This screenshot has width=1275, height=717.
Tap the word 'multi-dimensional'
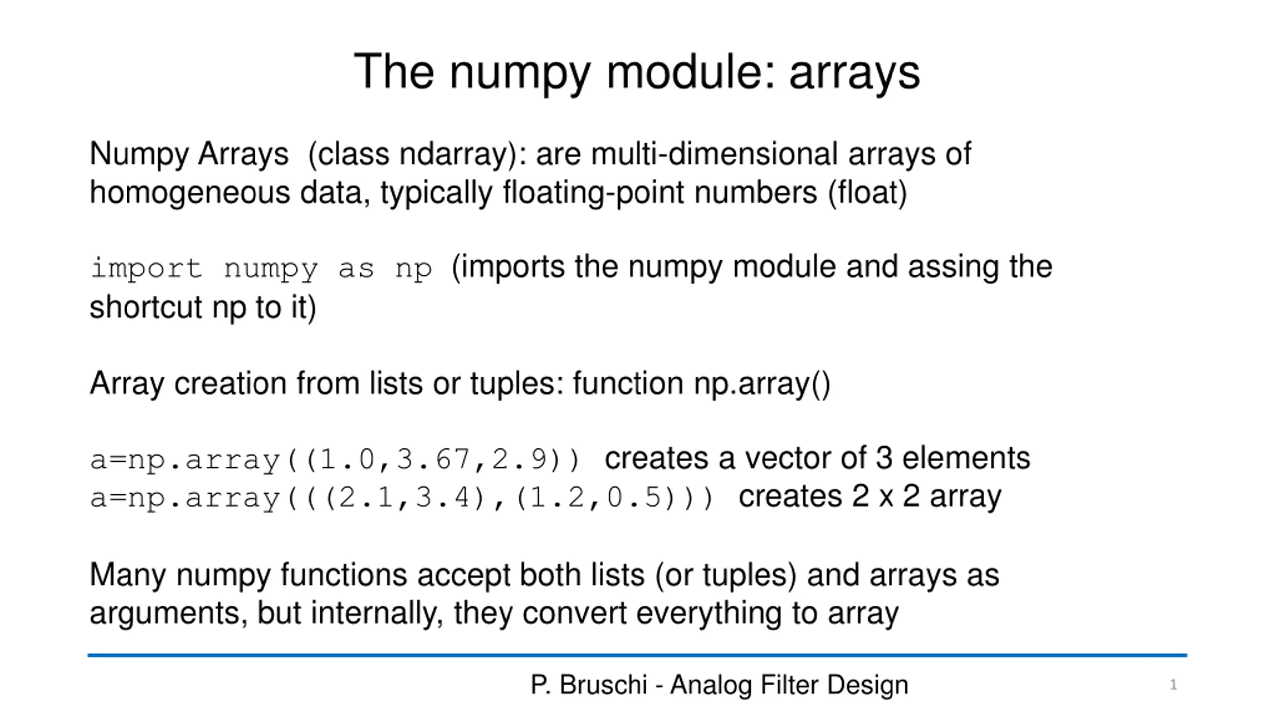point(714,154)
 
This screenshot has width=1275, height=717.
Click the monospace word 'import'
point(146,269)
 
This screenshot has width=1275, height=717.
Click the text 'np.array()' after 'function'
point(762,384)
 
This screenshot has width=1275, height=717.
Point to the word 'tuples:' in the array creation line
point(516,384)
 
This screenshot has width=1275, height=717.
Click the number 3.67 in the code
point(433,459)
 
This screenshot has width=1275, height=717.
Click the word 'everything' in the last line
point(709,614)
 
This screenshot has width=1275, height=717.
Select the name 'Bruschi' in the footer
point(604,685)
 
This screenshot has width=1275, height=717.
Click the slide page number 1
point(1173,685)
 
